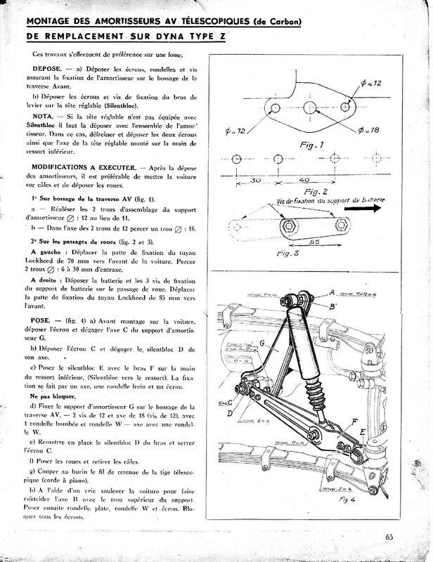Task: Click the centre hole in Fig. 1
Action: click(x=308, y=107)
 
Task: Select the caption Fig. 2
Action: click(x=313, y=191)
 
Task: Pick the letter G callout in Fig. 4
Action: click(x=262, y=344)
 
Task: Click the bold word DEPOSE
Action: click(x=39, y=70)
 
